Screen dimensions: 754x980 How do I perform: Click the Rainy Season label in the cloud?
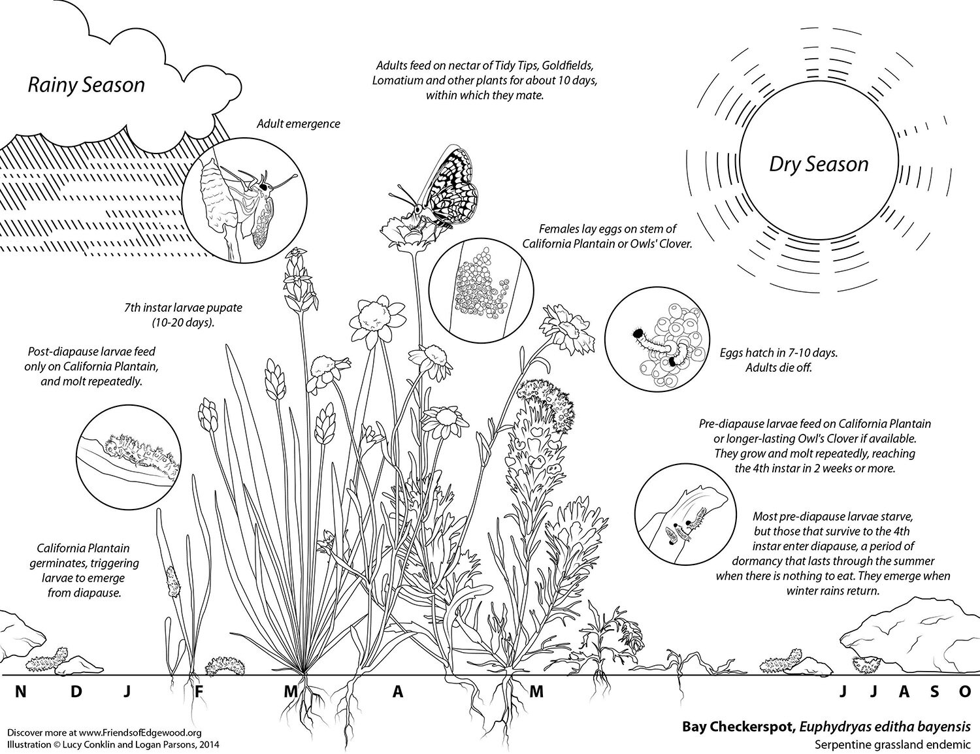pyautogui.click(x=86, y=85)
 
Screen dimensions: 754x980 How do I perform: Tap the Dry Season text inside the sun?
pyautogui.click(x=818, y=163)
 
